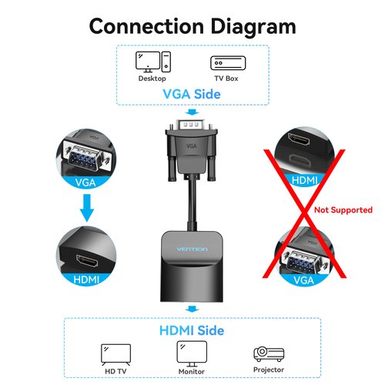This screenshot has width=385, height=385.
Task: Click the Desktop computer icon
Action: (x=152, y=62)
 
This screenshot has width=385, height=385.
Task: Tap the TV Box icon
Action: (x=223, y=63)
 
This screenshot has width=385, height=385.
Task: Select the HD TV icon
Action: (x=114, y=353)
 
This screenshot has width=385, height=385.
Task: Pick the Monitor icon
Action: (x=192, y=353)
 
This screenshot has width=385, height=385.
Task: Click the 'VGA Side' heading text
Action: (x=192, y=94)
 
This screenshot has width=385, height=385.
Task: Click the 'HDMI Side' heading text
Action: (x=192, y=331)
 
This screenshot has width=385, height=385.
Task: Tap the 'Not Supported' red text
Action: (x=343, y=209)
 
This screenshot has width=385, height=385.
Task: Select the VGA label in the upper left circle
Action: (x=87, y=182)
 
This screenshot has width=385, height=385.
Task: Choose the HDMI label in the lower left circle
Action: (x=85, y=280)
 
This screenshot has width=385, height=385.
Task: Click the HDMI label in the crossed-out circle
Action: (x=303, y=182)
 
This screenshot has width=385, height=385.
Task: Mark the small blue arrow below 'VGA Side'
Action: (x=192, y=112)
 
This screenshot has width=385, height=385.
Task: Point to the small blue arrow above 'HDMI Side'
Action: (x=192, y=310)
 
